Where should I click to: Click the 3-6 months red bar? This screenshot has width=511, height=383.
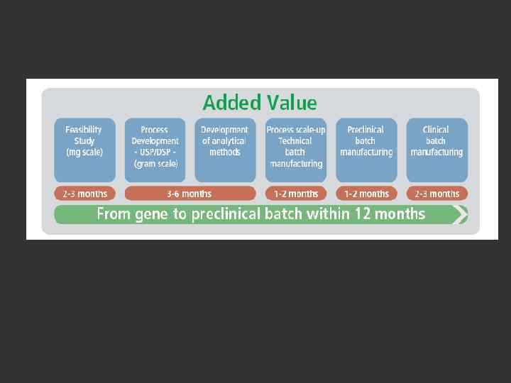tap(189, 194)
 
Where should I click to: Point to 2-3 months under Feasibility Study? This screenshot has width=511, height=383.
tap(84, 194)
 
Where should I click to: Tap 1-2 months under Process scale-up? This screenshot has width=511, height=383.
tap(295, 194)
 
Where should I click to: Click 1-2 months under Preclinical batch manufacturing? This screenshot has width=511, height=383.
tap(366, 194)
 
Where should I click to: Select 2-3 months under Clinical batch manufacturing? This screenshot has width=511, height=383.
tap(436, 194)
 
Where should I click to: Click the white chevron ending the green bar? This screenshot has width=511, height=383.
tap(463, 214)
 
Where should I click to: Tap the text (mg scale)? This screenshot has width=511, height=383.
tap(84, 152)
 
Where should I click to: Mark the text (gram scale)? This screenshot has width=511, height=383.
tap(155, 164)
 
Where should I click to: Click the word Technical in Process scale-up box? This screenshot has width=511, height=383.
tap(295, 141)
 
